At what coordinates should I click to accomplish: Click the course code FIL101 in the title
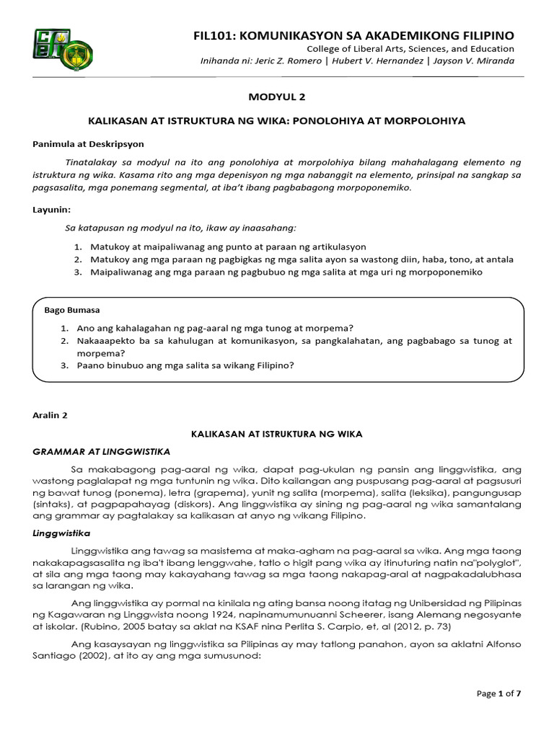point(214,35)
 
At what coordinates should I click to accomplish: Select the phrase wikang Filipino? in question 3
point(260,365)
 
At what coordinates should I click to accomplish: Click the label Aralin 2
point(50,416)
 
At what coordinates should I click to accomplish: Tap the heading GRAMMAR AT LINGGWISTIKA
point(100,451)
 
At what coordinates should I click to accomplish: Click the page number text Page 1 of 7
point(498,693)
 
